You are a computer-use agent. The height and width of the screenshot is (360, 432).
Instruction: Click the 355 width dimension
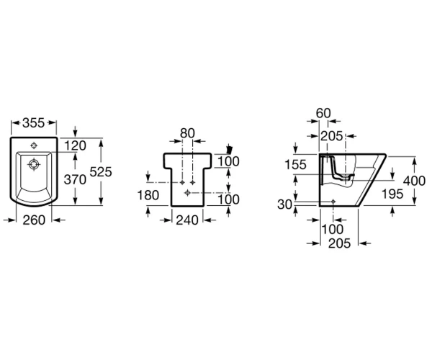33,123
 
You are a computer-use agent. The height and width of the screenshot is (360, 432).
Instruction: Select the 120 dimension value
75,145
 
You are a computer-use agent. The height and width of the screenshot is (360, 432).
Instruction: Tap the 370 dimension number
75,180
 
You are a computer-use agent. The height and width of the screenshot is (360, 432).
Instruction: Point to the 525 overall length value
101,172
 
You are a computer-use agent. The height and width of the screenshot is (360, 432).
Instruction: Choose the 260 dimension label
34,220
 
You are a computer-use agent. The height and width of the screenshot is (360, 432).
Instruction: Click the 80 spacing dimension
187,133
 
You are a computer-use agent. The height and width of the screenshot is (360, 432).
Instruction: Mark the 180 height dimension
148,195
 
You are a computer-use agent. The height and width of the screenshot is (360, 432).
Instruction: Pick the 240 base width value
187,220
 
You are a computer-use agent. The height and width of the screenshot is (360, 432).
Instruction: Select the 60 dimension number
323,113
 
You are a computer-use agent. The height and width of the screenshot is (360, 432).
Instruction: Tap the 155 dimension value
295,165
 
